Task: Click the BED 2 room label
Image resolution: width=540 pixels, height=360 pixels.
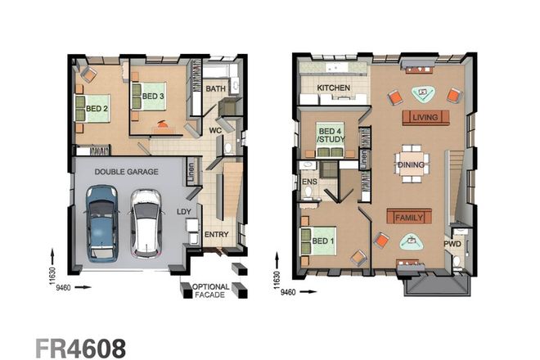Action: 97,107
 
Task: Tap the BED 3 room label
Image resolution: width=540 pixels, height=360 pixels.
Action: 154,96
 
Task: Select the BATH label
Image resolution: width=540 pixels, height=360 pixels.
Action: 216,88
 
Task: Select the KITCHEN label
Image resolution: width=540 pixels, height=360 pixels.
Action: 334,87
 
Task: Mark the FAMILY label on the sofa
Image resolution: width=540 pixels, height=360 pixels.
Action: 408,218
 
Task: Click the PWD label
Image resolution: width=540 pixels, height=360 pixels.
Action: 452,243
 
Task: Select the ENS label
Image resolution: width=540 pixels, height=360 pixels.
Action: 309,182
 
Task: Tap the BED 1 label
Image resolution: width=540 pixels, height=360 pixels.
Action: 322,241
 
